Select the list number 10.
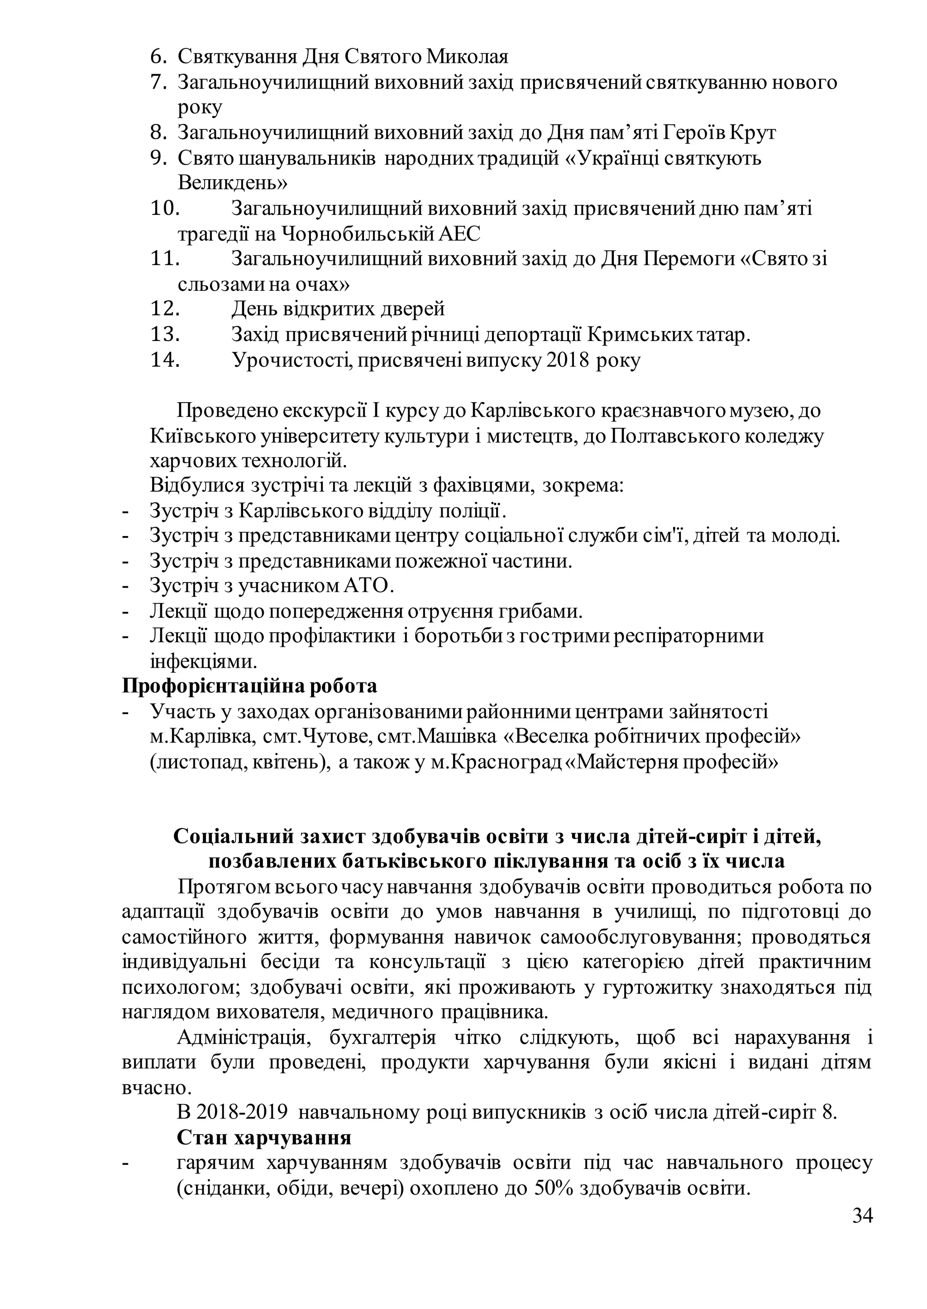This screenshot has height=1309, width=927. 165,209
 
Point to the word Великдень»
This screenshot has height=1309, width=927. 232,183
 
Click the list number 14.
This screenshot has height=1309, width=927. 165,360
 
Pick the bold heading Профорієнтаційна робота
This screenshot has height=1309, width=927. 249,686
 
